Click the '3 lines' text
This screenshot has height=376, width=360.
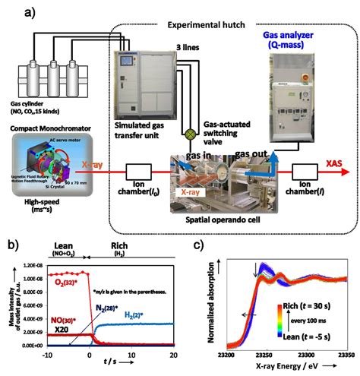pyautogui.click(x=181, y=47)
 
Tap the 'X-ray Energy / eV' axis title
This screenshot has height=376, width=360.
pyautogui.click(x=281, y=365)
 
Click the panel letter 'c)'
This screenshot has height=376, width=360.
pyautogui.click(x=198, y=246)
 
